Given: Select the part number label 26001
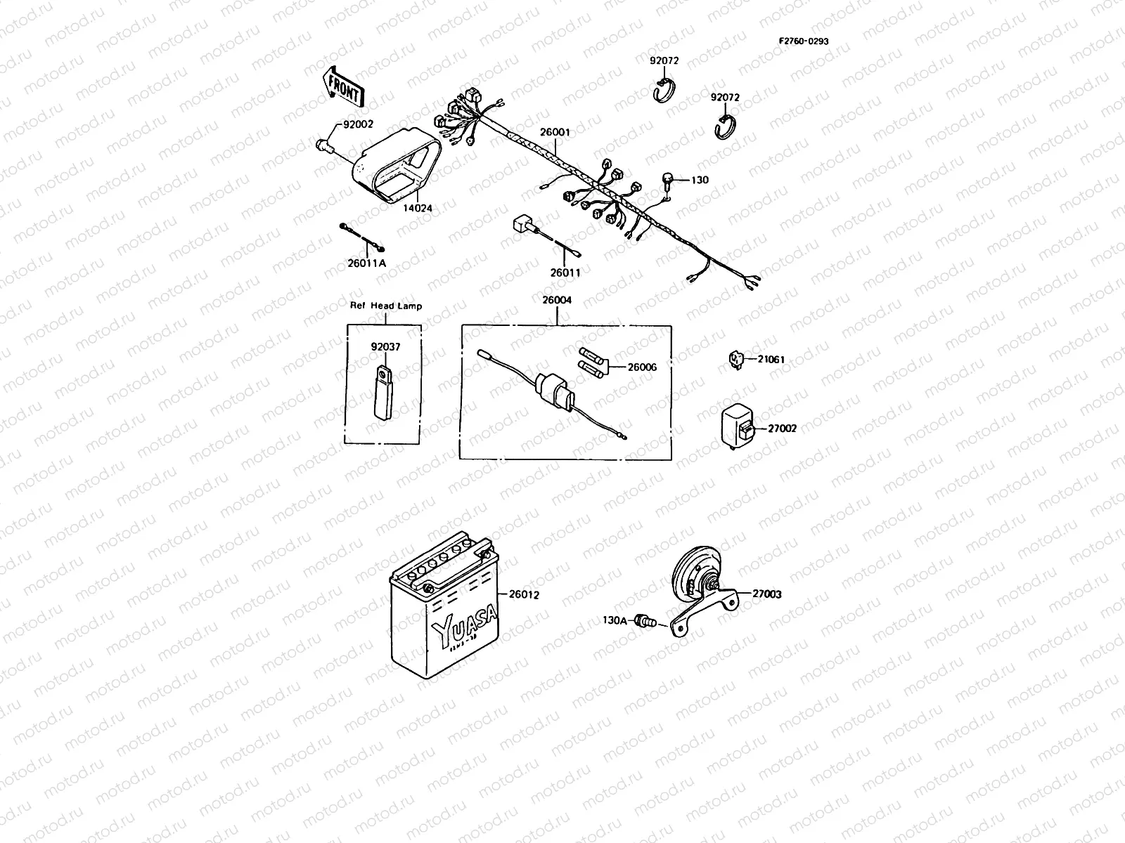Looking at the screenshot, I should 555,131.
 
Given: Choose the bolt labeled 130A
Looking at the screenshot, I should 643,620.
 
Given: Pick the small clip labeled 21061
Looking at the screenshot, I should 736,360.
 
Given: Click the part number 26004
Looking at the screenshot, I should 556,300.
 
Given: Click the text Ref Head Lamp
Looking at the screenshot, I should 386,306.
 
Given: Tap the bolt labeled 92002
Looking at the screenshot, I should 325,145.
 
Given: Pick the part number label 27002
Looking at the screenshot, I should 782,428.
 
